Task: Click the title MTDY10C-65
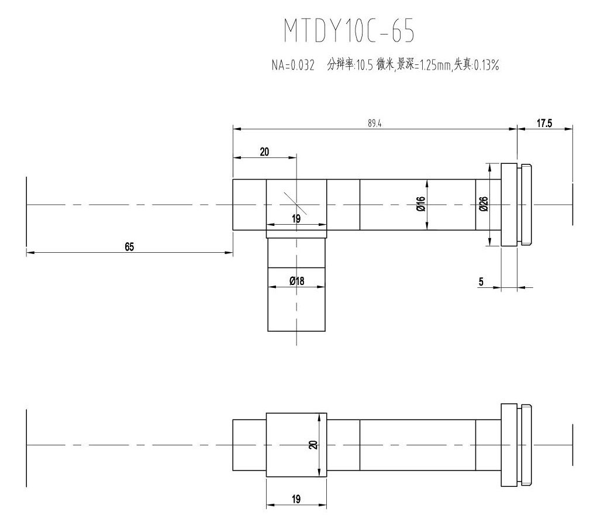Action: point(349,30)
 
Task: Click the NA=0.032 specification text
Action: point(293,65)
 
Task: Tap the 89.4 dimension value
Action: point(375,123)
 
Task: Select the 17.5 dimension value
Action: point(544,123)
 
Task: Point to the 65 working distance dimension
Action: point(129,247)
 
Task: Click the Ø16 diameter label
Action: point(420,204)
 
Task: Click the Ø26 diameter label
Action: point(484,204)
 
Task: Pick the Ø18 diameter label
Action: point(296,281)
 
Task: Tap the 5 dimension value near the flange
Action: point(481,281)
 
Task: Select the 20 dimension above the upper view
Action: point(264,152)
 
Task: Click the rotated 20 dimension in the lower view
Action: point(313,445)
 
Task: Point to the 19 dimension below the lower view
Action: point(296,499)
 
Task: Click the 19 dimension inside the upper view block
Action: point(296,219)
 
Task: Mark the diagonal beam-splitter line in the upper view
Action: point(295,203)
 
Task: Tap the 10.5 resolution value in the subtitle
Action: point(364,65)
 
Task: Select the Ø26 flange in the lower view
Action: point(509,445)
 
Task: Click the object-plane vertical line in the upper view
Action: point(26,211)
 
